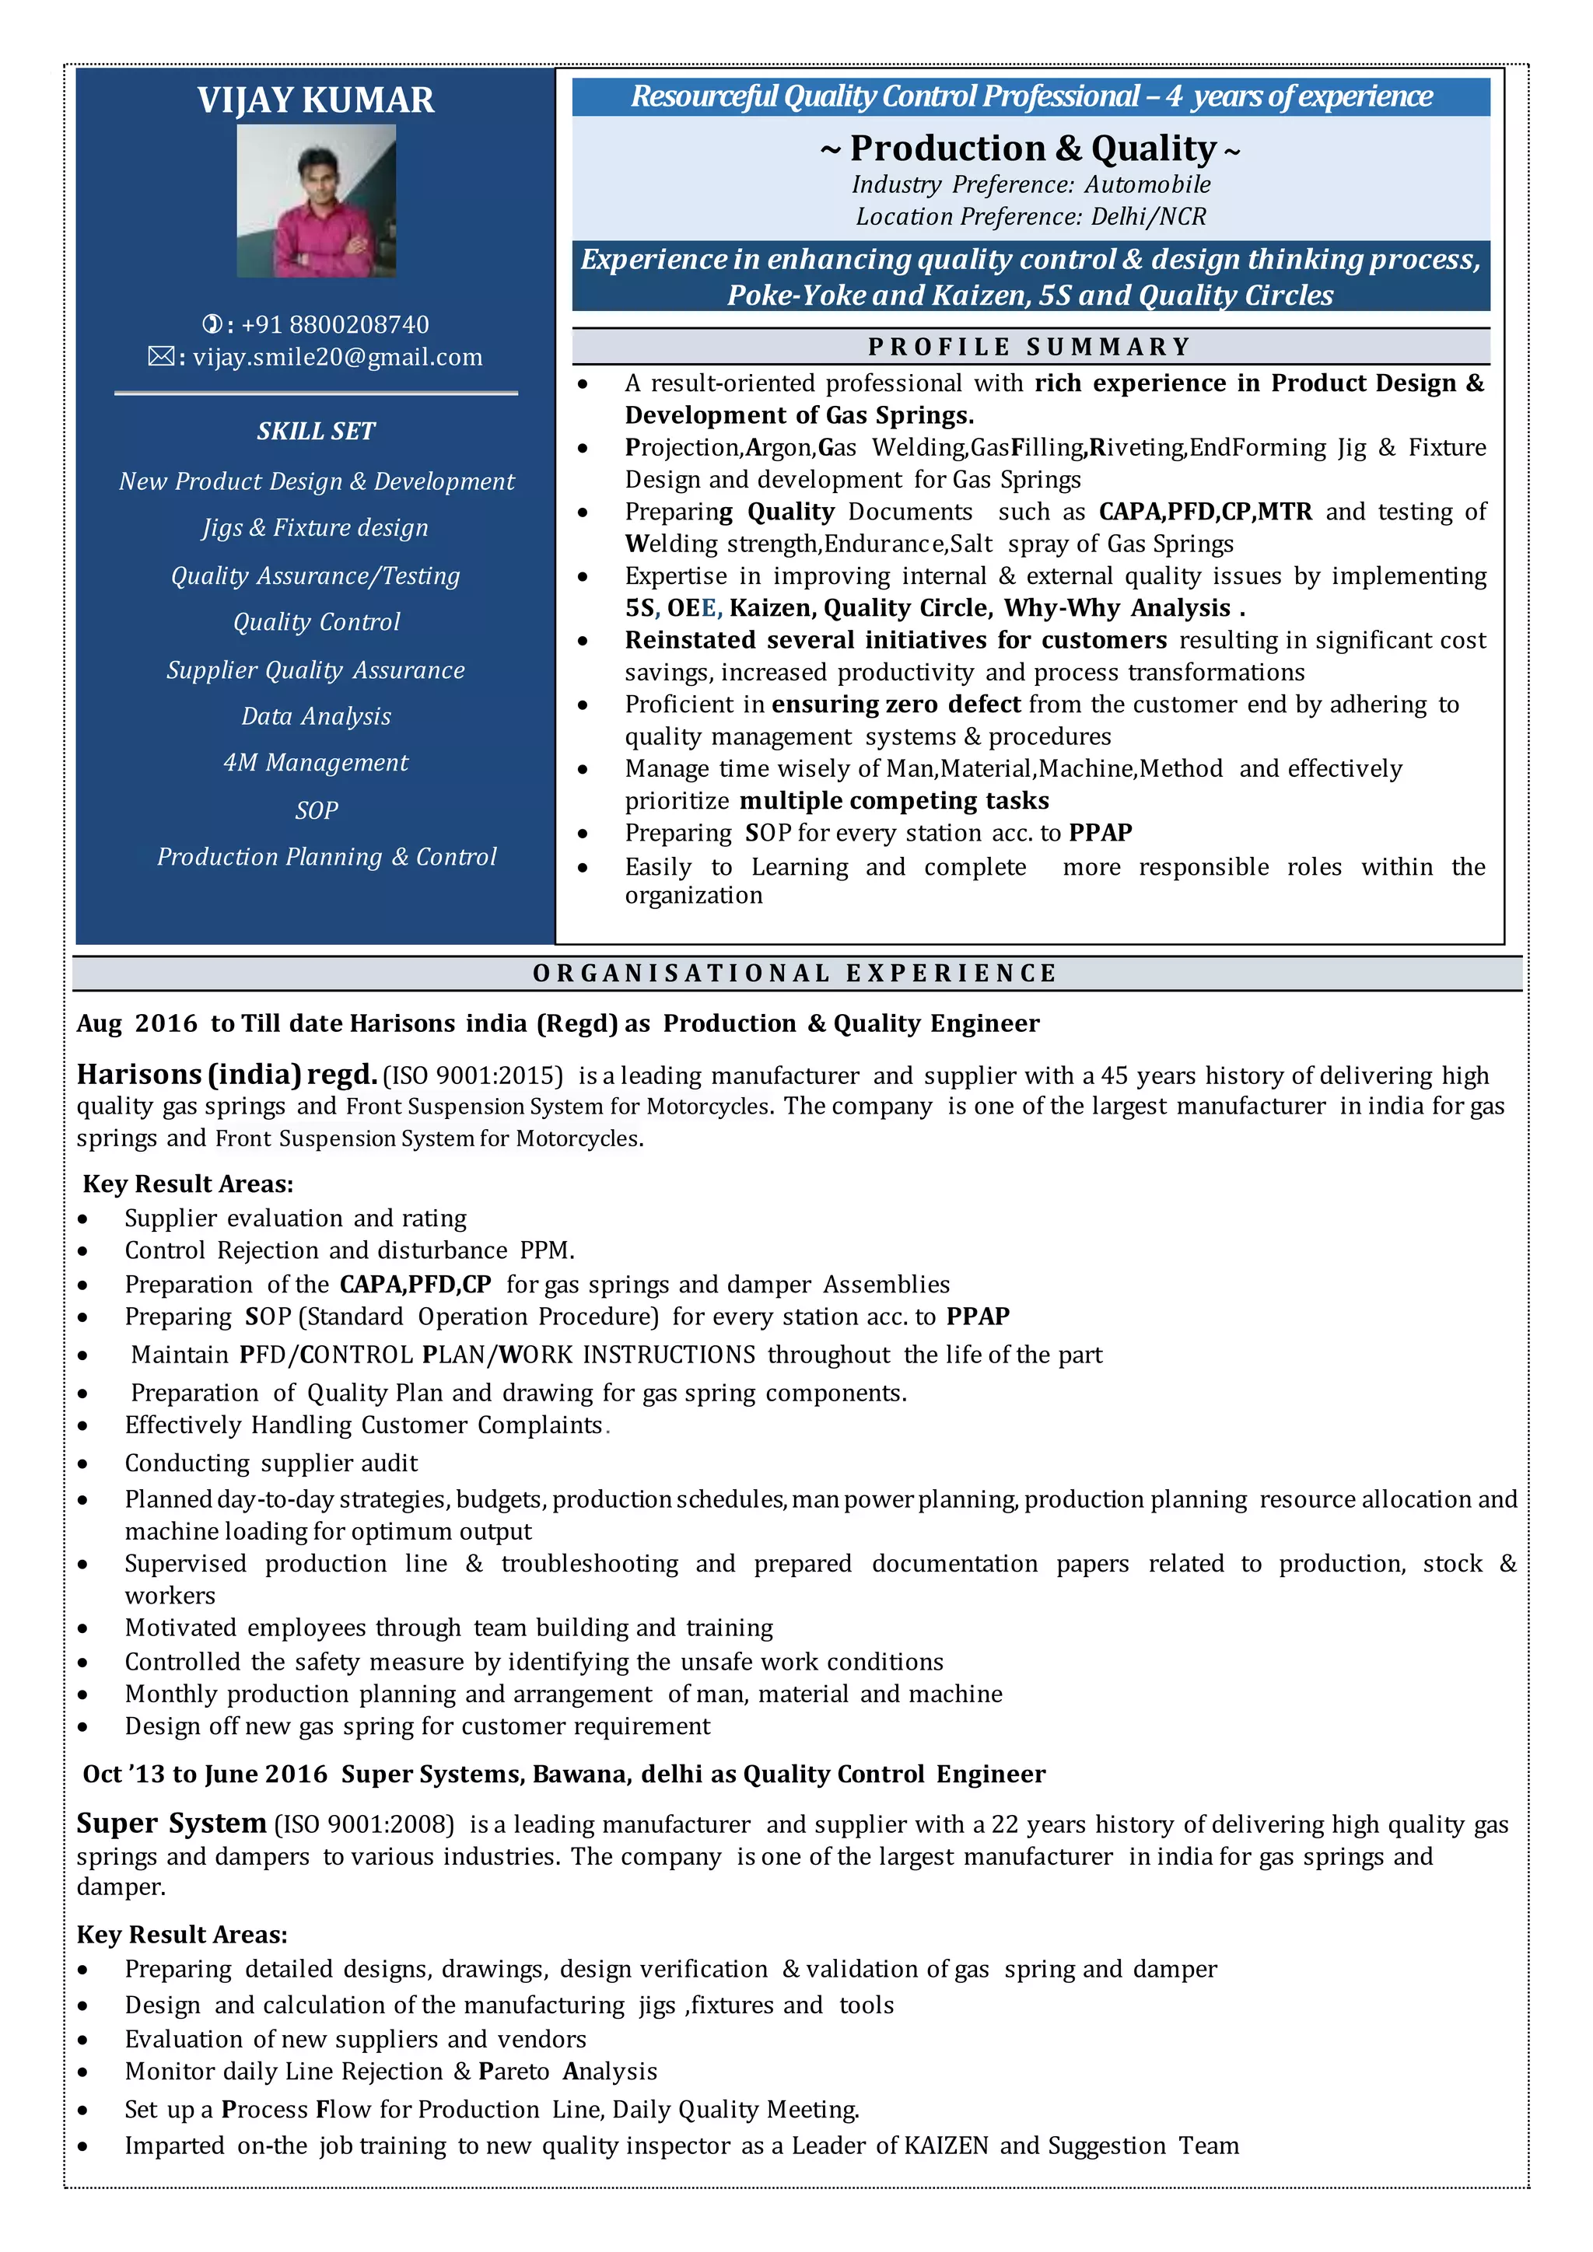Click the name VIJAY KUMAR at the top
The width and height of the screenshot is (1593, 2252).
click(315, 100)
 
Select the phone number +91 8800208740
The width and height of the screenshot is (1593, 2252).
click(334, 324)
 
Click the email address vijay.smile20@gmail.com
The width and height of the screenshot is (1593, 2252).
click(338, 357)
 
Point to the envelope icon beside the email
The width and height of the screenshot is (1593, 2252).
click(160, 357)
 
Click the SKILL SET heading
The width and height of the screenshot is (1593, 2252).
click(316, 431)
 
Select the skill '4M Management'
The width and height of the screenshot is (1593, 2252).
click(316, 762)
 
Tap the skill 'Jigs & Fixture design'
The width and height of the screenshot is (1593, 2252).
click(316, 528)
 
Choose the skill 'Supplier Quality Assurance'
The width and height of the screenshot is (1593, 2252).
click(316, 670)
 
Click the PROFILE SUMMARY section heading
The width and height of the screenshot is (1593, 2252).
click(1029, 348)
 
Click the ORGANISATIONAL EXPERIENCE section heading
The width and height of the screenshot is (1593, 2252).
click(796, 973)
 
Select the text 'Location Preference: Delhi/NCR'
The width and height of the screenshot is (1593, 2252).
click(1030, 217)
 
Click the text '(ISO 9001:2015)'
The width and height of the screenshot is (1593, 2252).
click(473, 1076)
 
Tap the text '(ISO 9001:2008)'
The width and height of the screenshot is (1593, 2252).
click(364, 1824)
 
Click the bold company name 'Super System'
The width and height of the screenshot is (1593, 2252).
click(172, 1824)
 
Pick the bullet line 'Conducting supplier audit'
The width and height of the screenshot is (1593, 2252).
click(271, 1463)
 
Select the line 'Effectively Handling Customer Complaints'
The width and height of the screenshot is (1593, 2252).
click(363, 1425)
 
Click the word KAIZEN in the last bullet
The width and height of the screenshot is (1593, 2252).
click(946, 2146)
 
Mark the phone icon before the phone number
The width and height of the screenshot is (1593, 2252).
click(211, 324)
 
